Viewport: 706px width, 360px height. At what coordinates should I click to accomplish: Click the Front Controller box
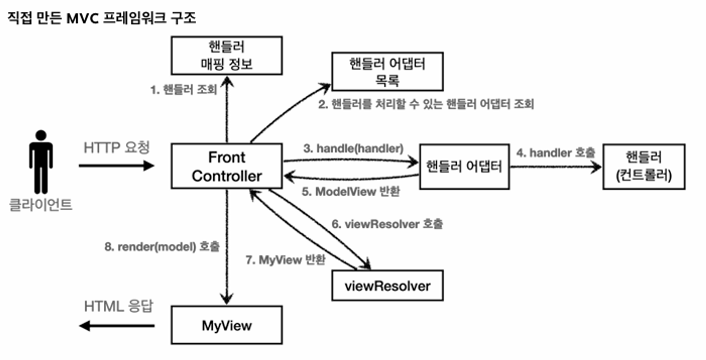coord(227,166)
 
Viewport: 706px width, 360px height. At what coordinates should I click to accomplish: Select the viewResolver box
coord(387,286)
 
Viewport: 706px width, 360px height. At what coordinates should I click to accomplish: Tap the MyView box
coord(227,325)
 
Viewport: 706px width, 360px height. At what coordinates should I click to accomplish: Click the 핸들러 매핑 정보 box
coord(227,55)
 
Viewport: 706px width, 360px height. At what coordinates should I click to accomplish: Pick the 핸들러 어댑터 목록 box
coord(387,72)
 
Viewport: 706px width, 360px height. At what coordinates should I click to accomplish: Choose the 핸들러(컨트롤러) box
coord(644,167)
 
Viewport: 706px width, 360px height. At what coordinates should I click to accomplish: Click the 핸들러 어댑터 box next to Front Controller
coord(464,167)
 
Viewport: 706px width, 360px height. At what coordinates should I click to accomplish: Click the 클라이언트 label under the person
coord(41,205)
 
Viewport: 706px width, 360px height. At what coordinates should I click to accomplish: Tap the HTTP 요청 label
coord(116,148)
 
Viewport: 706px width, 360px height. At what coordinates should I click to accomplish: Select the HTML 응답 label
coord(118,306)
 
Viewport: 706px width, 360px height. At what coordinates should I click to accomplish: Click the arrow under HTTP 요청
coord(116,165)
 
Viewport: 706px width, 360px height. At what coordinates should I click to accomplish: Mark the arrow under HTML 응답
coord(116,325)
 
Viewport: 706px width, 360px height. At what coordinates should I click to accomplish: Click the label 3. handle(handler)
coord(353,148)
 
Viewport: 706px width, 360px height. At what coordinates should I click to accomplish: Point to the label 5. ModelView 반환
coord(351,192)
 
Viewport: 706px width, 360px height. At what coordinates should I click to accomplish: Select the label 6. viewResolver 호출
coord(387,224)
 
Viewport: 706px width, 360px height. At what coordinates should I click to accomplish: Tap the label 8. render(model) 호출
coord(162,246)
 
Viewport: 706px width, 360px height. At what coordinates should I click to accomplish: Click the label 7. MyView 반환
coord(285,260)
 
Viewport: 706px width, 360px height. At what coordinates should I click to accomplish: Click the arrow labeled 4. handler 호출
coord(556,167)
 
